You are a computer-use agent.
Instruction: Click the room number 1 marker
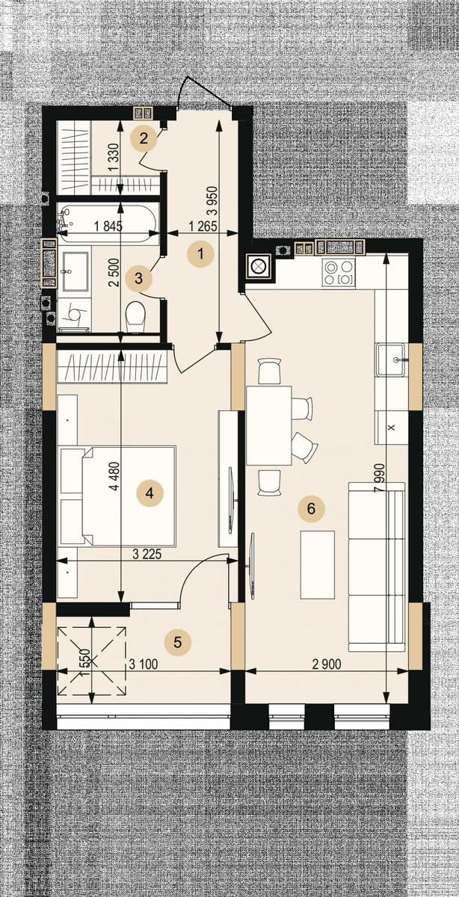pos(201,253)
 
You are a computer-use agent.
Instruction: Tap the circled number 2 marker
pos(144,138)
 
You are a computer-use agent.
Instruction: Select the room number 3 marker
pos(138,278)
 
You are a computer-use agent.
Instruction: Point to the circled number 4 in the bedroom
pos(150,493)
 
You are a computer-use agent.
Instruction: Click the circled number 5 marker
pos(178,642)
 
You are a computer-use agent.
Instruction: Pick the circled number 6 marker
pos(311,508)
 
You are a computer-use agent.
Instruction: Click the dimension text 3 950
pos(212,201)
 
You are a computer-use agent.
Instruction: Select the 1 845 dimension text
pos(108,226)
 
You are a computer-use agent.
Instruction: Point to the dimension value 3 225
pos(147,554)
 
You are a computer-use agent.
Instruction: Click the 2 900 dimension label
pos(327,665)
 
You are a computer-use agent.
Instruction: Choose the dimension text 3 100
pos(144,665)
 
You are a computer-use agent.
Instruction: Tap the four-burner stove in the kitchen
pos(339,273)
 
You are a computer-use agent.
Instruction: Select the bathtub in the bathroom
pos(107,224)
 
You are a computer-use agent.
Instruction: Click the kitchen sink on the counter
pos(392,360)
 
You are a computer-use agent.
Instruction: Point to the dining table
pos(269,425)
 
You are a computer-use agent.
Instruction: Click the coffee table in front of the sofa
pos(317,564)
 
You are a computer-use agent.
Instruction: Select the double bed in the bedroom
pos(118,496)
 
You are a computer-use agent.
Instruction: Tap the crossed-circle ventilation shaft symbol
pos(259,265)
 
